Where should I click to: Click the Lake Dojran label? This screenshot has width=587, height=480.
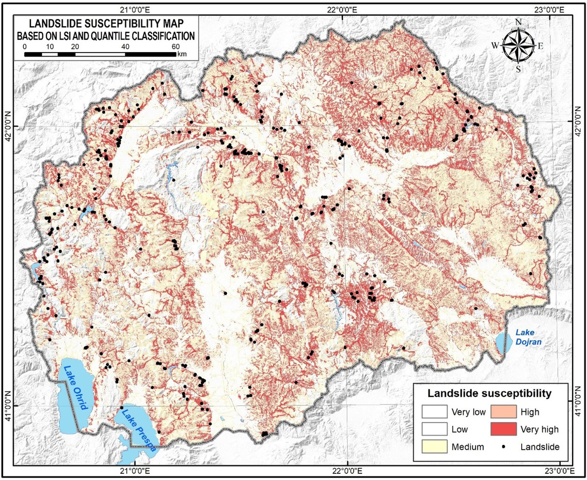click(x=528, y=338)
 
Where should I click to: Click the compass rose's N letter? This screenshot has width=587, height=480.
click(x=518, y=22)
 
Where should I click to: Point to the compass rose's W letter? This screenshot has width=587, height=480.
click(x=495, y=46)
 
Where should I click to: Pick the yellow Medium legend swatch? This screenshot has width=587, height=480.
click(x=435, y=446)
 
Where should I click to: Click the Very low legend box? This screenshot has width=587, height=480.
click(x=435, y=412)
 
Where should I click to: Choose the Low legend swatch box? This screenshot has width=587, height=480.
click(x=435, y=429)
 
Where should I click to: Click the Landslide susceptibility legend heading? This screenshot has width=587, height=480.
click(x=489, y=393)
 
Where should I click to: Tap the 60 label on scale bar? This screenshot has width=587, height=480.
click(x=176, y=46)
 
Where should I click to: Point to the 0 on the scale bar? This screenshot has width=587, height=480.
click(x=24, y=46)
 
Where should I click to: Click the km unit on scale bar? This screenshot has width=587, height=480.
click(x=182, y=54)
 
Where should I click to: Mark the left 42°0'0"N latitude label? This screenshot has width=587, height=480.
click(x=9, y=132)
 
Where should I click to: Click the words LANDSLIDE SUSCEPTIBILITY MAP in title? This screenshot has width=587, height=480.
click(x=106, y=23)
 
